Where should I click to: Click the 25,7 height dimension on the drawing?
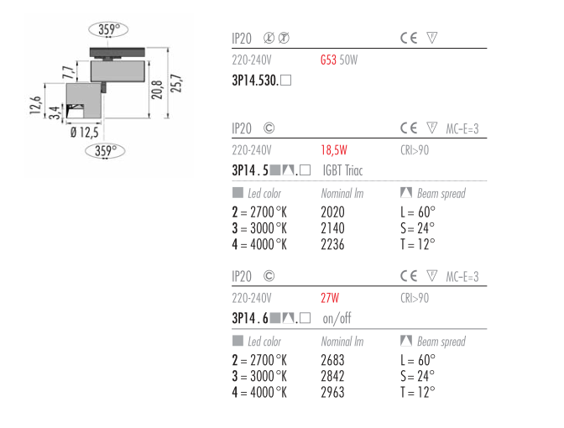pyautogui.click(x=176, y=83)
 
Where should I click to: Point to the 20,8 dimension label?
pyautogui.click(x=157, y=90)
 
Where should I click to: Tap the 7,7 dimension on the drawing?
pyautogui.click(x=69, y=73)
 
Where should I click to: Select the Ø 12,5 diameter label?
pyautogui.click(x=84, y=133)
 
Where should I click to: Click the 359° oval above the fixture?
pyautogui.click(x=108, y=29)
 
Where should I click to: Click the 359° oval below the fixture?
pyautogui.click(x=105, y=151)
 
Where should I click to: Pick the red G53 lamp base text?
pyautogui.click(x=328, y=60)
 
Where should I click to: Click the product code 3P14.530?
pyautogui.click(x=255, y=81)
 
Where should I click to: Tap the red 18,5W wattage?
pyautogui.click(x=334, y=150)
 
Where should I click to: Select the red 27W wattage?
pyautogui.click(x=330, y=298)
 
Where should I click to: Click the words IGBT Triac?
pyautogui.click(x=342, y=170)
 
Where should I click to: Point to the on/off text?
pyautogui.click(x=337, y=318)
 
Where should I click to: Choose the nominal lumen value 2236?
pyautogui.click(x=332, y=244)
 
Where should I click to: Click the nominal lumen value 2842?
pyautogui.click(x=332, y=376)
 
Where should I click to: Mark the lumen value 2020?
pyautogui.click(x=332, y=212)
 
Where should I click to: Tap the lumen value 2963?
pyautogui.click(x=332, y=393)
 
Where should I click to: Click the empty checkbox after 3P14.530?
pyautogui.click(x=285, y=81)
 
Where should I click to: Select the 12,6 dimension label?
pyautogui.click(x=35, y=106)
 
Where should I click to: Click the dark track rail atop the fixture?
pyautogui.click(x=117, y=52)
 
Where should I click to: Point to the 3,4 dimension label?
pyautogui.click(x=54, y=112)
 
